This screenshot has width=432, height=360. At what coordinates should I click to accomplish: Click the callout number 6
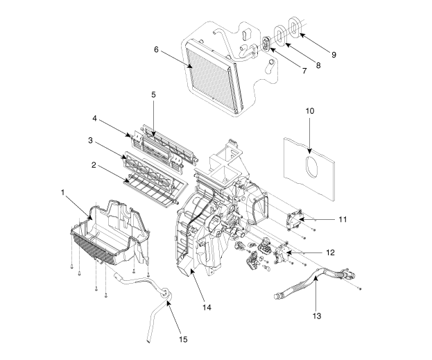[x=156, y=50]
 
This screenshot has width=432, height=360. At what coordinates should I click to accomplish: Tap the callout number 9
[x=334, y=55]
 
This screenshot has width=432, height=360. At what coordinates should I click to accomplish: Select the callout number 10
[x=310, y=111]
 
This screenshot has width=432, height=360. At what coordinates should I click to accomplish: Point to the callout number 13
[x=317, y=316]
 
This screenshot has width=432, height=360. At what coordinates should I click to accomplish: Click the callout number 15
[x=183, y=340]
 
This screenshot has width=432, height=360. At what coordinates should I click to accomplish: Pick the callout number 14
[x=207, y=307]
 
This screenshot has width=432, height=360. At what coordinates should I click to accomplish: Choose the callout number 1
[x=62, y=192]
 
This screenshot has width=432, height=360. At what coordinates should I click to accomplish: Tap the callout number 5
[x=153, y=94]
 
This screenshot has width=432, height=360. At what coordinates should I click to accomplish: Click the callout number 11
[x=343, y=219]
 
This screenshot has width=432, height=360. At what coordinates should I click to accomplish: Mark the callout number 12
[x=330, y=252]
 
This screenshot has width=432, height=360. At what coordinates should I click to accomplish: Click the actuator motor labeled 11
[x=293, y=220]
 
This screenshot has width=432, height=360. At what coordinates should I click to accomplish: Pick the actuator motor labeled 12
[x=282, y=252]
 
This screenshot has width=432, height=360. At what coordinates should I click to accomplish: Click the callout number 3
[x=90, y=140]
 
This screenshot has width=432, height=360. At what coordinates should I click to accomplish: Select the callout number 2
[x=94, y=165]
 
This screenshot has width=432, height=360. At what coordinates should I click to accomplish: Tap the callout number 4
[x=94, y=119]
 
